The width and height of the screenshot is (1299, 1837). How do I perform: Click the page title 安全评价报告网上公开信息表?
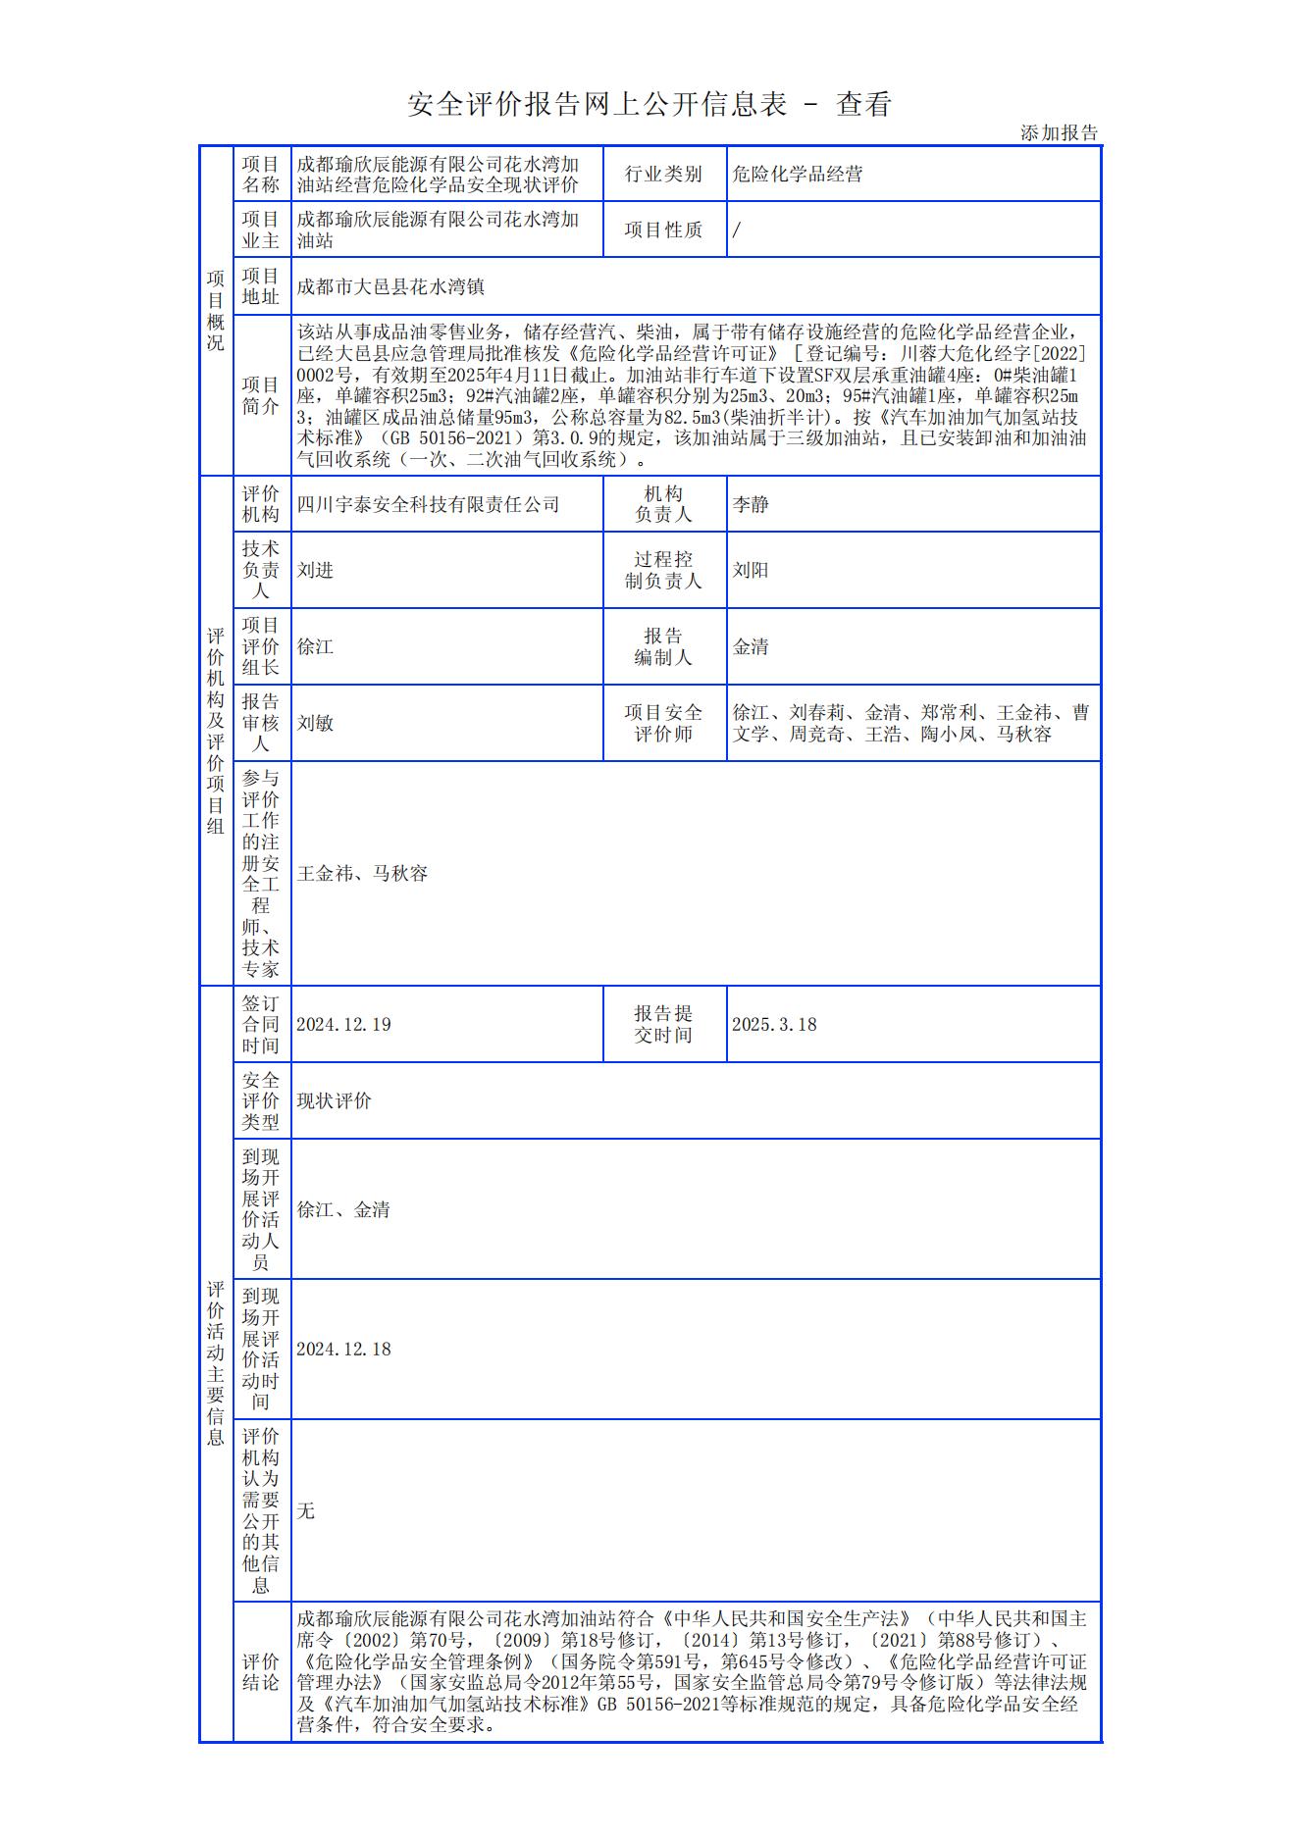[x=597, y=104]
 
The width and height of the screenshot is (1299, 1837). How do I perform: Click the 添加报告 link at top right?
[x=1059, y=133]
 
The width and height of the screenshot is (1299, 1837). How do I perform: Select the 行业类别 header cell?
[x=663, y=175]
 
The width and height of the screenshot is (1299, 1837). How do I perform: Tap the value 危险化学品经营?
[x=798, y=175]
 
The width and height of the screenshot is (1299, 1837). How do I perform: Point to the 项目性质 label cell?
[x=663, y=230]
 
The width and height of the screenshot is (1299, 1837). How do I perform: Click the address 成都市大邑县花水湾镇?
[x=390, y=286]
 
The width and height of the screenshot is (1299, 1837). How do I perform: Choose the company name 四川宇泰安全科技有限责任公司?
[x=428, y=504]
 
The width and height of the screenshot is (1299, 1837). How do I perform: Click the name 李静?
[x=751, y=504]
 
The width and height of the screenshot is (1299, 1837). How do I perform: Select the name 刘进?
[x=315, y=570]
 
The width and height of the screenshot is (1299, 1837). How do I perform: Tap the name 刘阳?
[x=751, y=570]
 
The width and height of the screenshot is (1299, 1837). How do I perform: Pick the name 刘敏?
[x=315, y=723]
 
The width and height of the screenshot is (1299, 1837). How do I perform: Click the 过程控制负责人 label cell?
[x=663, y=570]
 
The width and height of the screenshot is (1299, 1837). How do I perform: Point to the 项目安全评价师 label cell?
[x=663, y=723]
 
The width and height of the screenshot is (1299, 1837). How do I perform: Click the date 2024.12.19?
[x=343, y=1024]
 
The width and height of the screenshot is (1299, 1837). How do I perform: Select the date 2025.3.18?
[x=774, y=1024]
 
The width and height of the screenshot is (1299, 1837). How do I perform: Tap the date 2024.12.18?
[x=343, y=1349]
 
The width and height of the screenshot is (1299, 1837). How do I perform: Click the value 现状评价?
[x=334, y=1100]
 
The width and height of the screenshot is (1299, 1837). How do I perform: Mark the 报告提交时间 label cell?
[x=663, y=1024]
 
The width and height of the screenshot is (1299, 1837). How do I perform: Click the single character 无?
[x=306, y=1510]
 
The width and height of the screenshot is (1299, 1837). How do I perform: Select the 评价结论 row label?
[x=260, y=1671]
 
